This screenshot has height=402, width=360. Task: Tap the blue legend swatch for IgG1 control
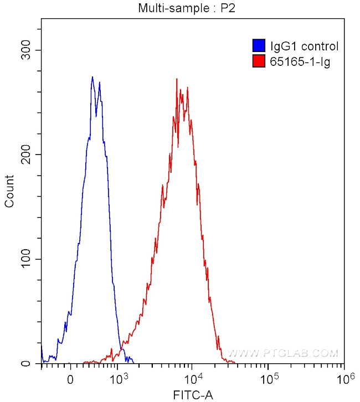pos(258,46)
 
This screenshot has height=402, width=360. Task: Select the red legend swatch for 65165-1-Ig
pos(258,61)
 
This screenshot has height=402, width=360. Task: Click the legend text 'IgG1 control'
pos(304,47)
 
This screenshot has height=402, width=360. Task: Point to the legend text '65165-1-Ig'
pos(300,62)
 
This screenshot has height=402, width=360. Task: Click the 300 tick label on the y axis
pos(28,50)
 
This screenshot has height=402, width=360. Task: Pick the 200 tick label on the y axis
pos(28,155)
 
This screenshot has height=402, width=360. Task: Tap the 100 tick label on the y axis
pos(28,259)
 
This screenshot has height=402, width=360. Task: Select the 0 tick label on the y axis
pos(33,364)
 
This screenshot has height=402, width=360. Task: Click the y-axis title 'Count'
pos(9,191)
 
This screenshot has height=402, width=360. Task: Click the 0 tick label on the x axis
pos(70,380)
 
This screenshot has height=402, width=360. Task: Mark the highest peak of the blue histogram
pos(92,77)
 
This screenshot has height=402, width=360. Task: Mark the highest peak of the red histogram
pos(177,79)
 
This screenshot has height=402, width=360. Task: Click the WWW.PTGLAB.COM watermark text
pos(282,353)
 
